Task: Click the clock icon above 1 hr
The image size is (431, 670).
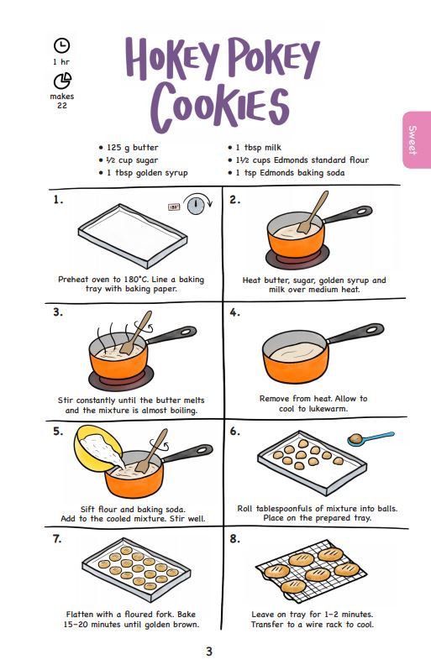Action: click(61, 45)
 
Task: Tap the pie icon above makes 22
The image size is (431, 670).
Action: click(62, 81)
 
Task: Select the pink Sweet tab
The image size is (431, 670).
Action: click(416, 139)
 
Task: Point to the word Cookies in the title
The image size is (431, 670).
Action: click(219, 106)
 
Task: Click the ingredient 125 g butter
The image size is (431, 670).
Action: click(129, 148)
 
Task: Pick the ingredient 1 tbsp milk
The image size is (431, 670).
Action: click(255, 148)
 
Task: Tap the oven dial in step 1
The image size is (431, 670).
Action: click(196, 204)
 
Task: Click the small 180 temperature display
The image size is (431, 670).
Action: click(174, 207)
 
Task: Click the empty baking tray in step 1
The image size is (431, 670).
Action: click(133, 235)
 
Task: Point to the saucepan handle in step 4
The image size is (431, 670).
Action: click(355, 332)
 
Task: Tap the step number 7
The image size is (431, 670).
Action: click(57, 539)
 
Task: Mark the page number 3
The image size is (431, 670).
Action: click(208, 652)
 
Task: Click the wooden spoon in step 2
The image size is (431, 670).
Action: click(313, 212)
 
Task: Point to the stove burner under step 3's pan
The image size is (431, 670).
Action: click(121, 378)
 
